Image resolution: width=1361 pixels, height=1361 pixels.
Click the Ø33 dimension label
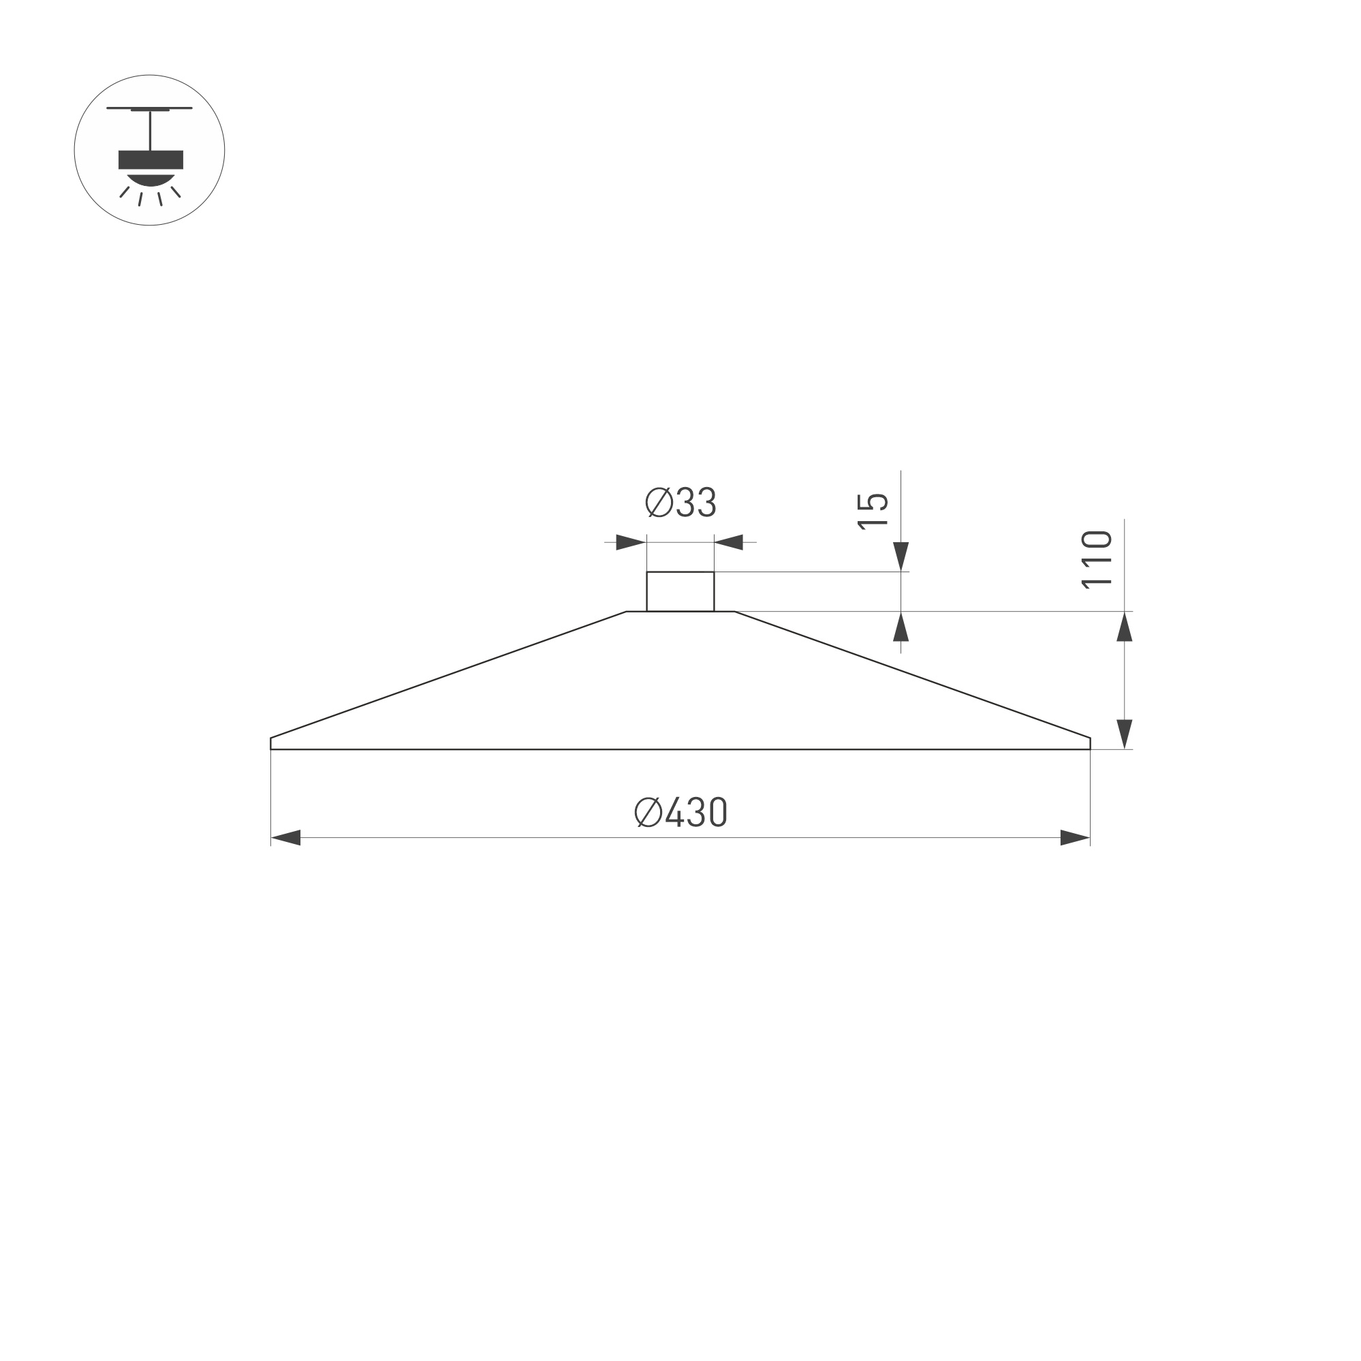680,503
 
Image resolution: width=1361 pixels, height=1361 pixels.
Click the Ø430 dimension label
680,812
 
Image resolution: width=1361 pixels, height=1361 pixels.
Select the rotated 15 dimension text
872,512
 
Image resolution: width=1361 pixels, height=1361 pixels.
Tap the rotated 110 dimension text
1096,560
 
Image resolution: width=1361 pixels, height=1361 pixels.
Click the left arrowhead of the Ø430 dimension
286,838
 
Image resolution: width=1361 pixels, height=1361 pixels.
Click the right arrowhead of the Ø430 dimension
1075,838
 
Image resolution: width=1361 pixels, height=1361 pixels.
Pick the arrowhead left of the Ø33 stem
631,542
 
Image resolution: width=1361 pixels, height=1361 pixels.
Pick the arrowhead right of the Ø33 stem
729,542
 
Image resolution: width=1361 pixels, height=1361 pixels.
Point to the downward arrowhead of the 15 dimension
901,556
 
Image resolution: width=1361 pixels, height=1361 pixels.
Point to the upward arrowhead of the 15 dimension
901,627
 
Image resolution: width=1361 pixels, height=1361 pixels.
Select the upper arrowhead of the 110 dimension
1125,627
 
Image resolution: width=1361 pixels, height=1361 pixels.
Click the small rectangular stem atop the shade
680,592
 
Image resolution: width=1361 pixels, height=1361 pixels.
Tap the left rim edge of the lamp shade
271,743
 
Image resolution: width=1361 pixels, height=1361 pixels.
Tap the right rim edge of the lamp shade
1090,743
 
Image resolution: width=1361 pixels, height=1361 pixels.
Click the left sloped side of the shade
448,675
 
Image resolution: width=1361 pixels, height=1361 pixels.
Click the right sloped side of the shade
912,675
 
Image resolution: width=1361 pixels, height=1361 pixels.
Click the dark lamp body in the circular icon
151,160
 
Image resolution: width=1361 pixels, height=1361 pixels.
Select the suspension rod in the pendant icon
151,130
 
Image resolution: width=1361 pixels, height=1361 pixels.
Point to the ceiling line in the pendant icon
149,108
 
